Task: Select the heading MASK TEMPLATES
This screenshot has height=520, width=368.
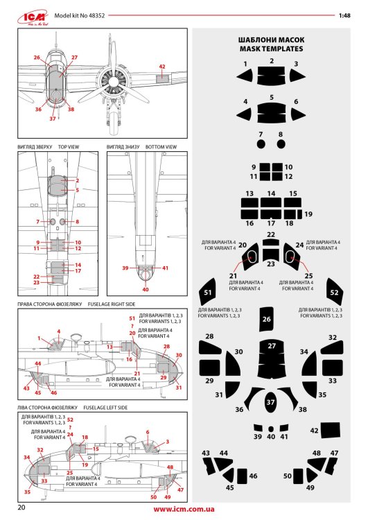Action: pos(271,50)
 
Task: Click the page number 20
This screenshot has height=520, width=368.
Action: pos(23,508)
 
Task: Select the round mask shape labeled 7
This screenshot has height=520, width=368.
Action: pos(261,145)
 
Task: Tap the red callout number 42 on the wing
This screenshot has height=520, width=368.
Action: pos(161,67)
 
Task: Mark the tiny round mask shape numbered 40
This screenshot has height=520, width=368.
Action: pos(271,428)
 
